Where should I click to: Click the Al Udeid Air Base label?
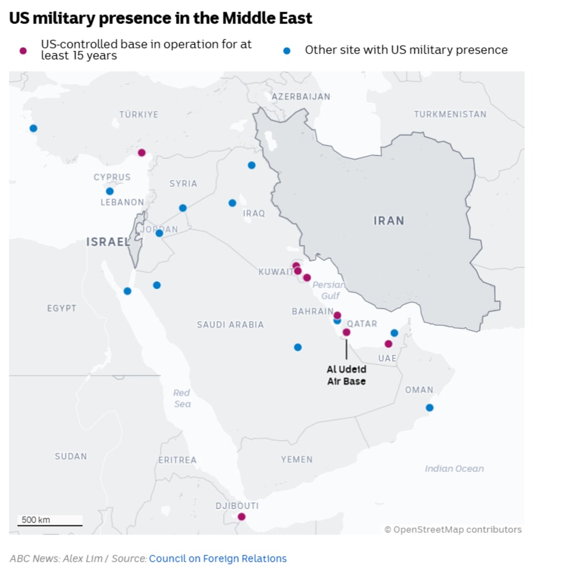pos(346,375)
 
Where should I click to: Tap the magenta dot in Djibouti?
pos(241,517)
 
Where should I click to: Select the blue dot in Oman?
pos(430,408)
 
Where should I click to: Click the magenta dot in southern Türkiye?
pos(141,153)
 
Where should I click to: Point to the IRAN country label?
pos(389,221)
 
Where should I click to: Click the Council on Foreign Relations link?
pos(218,558)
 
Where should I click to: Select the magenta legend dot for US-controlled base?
pos(23,50)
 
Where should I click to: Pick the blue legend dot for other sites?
pos(287,50)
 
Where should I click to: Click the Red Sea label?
pos(182,398)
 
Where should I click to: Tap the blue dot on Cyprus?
pos(110,191)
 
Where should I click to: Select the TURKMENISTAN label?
pos(450,114)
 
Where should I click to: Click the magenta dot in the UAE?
pos(388,344)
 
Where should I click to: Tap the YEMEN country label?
pos(297,459)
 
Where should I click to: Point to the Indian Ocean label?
pos(454,469)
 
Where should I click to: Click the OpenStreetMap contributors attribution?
pos(453,530)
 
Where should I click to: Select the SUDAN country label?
pos(71,456)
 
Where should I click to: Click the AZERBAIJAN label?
pos(300,96)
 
